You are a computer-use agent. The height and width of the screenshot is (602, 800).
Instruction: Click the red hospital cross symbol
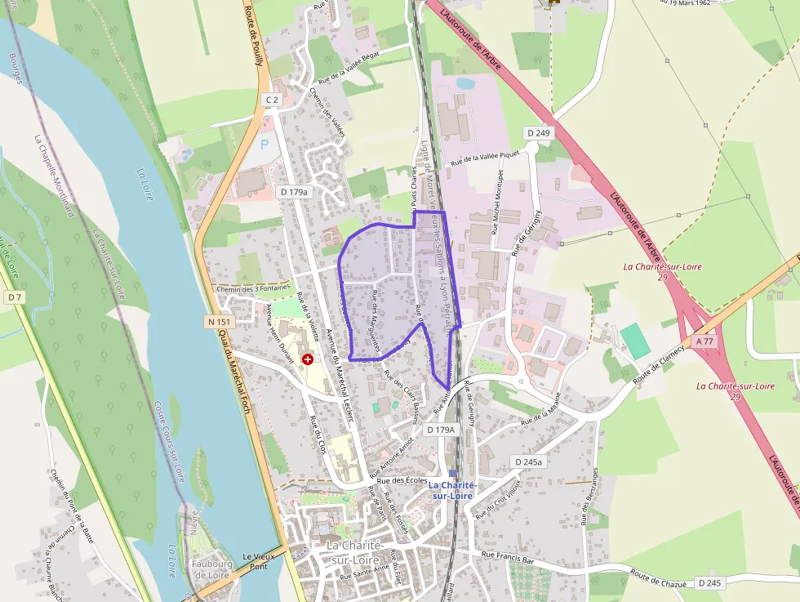click(308, 359)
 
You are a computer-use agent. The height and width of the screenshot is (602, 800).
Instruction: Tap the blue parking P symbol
click(264, 144)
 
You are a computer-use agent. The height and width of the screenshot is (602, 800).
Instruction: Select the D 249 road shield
click(539, 132)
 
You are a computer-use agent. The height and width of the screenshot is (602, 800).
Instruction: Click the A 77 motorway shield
click(704, 339)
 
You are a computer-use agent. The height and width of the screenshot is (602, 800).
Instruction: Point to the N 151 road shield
click(220, 322)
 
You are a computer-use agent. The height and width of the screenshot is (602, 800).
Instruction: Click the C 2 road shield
click(272, 100)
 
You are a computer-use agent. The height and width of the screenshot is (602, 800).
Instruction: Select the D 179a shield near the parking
click(294, 192)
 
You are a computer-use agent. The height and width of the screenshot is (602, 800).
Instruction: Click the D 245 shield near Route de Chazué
click(711, 583)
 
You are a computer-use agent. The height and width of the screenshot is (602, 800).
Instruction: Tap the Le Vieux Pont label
click(259, 560)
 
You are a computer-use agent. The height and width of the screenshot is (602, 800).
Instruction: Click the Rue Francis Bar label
click(507, 557)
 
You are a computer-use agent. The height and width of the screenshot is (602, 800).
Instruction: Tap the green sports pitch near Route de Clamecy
click(635, 341)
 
